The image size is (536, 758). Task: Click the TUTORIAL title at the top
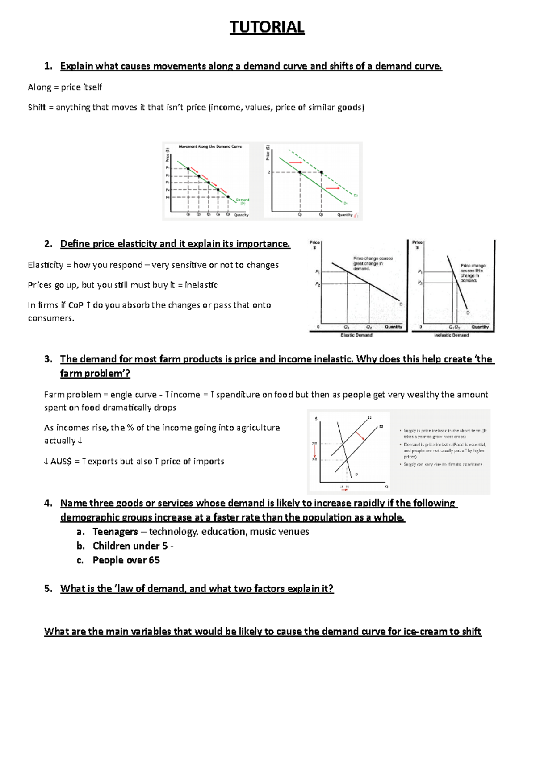pos(267,27)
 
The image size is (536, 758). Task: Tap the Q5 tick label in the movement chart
pos(228,215)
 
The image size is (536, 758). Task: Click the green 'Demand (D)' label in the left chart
pos(243,201)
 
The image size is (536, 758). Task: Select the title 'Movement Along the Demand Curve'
pos(210,146)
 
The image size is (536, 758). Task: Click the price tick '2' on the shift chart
pos(269,172)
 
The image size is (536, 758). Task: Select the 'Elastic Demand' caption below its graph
pos(356,335)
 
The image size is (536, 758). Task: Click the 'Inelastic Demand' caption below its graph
pos(452,335)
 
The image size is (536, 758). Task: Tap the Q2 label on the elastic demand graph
pos(369,327)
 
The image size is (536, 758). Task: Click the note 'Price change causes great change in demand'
pos(373,263)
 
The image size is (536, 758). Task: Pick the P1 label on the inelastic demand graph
pos(420,271)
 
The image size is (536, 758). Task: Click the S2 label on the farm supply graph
pos(381,427)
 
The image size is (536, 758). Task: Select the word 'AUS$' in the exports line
pos(61,462)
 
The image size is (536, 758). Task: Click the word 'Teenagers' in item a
pos(115,532)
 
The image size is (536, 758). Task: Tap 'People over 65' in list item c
pos(126,560)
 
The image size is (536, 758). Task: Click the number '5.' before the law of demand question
pos(48,589)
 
